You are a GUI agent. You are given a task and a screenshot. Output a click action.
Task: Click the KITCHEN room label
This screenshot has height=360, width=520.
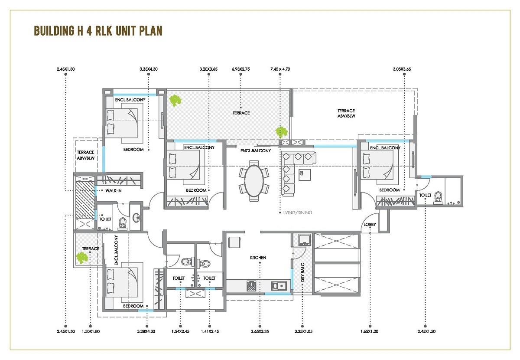258,258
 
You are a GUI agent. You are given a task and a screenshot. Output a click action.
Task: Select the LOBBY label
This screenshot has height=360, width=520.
370,225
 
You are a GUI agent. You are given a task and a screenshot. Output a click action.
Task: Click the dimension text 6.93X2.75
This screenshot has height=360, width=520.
241,69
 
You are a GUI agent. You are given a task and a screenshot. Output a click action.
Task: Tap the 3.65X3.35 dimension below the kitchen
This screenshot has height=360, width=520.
260,332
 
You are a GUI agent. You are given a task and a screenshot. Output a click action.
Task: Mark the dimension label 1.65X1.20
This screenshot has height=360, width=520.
370,332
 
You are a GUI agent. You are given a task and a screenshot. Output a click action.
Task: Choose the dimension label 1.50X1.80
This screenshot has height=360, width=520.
91,332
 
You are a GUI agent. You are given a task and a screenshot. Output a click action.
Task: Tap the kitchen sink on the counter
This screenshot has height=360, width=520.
277,285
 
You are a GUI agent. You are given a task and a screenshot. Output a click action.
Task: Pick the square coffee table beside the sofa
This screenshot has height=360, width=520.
305,174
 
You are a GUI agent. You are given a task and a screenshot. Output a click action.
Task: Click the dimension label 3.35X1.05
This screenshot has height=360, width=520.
303,332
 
